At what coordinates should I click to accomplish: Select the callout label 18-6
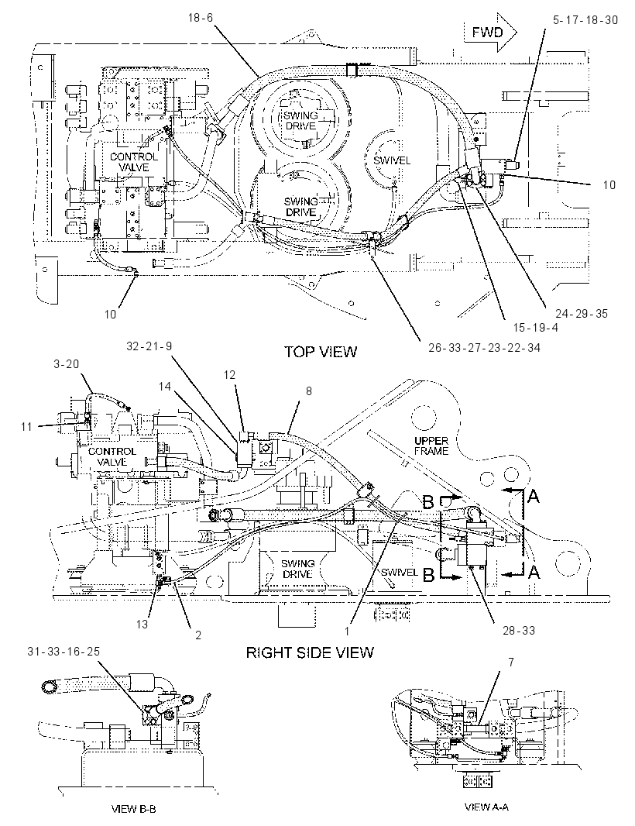click(200, 17)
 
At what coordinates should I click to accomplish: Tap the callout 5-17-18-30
click(585, 20)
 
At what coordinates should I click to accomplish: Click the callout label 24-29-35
click(582, 314)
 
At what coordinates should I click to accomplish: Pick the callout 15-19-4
click(535, 327)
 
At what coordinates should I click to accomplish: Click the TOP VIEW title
click(321, 351)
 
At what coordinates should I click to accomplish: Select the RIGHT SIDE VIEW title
click(310, 652)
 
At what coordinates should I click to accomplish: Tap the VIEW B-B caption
click(134, 809)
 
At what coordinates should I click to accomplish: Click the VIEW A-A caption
click(487, 807)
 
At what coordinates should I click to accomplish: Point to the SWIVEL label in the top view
click(392, 160)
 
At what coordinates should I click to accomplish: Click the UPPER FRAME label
click(431, 446)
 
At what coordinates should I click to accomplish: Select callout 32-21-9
click(149, 346)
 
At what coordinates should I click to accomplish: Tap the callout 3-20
click(67, 364)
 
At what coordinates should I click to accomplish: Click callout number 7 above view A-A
click(511, 663)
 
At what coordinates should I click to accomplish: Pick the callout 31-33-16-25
click(63, 651)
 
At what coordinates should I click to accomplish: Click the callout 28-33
click(519, 630)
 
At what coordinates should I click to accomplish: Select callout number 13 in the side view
click(142, 625)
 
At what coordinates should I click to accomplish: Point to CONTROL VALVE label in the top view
click(134, 162)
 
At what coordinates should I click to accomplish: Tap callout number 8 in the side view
click(308, 391)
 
